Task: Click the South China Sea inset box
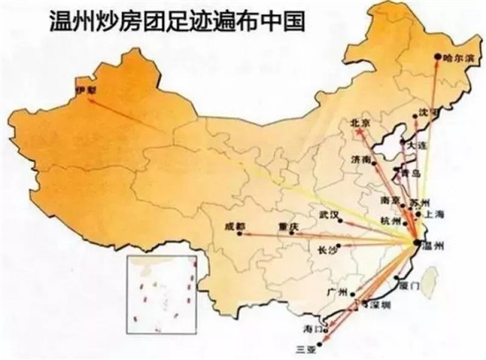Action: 158,290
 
